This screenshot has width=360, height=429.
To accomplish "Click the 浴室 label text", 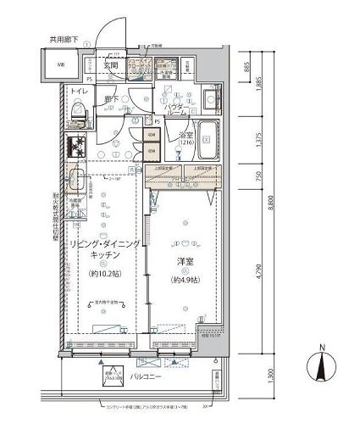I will coord(185,135).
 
